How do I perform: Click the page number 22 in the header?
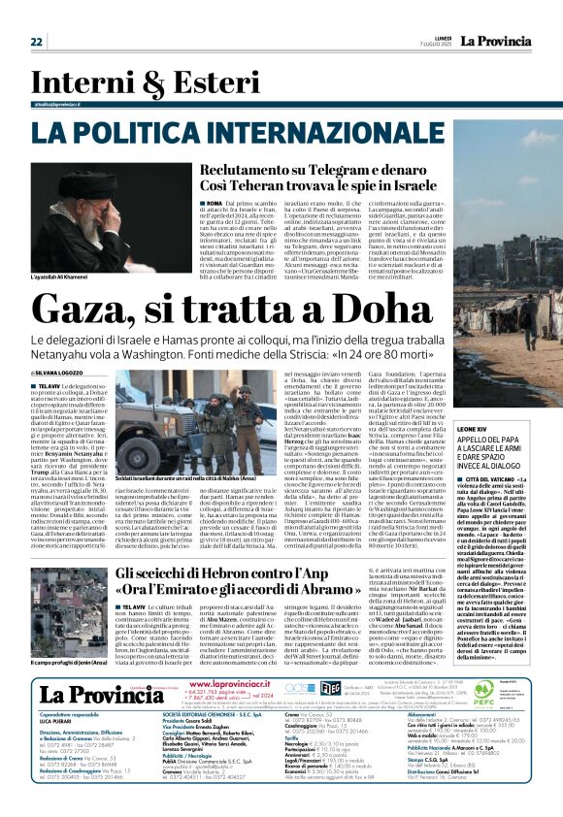point(36,42)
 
